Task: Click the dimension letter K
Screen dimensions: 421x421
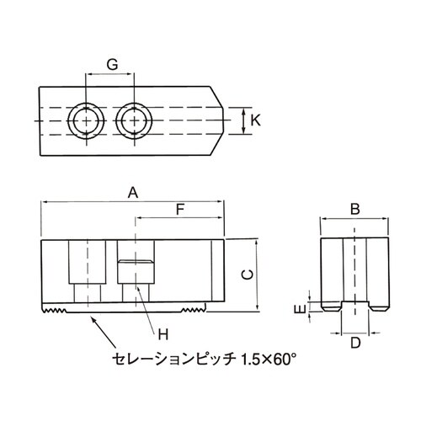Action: (x=256, y=120)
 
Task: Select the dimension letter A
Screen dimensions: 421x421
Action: (x=132, y=192)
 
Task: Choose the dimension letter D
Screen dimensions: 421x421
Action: (x=355, y=343)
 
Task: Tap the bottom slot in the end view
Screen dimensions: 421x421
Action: (x=355, y=306)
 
